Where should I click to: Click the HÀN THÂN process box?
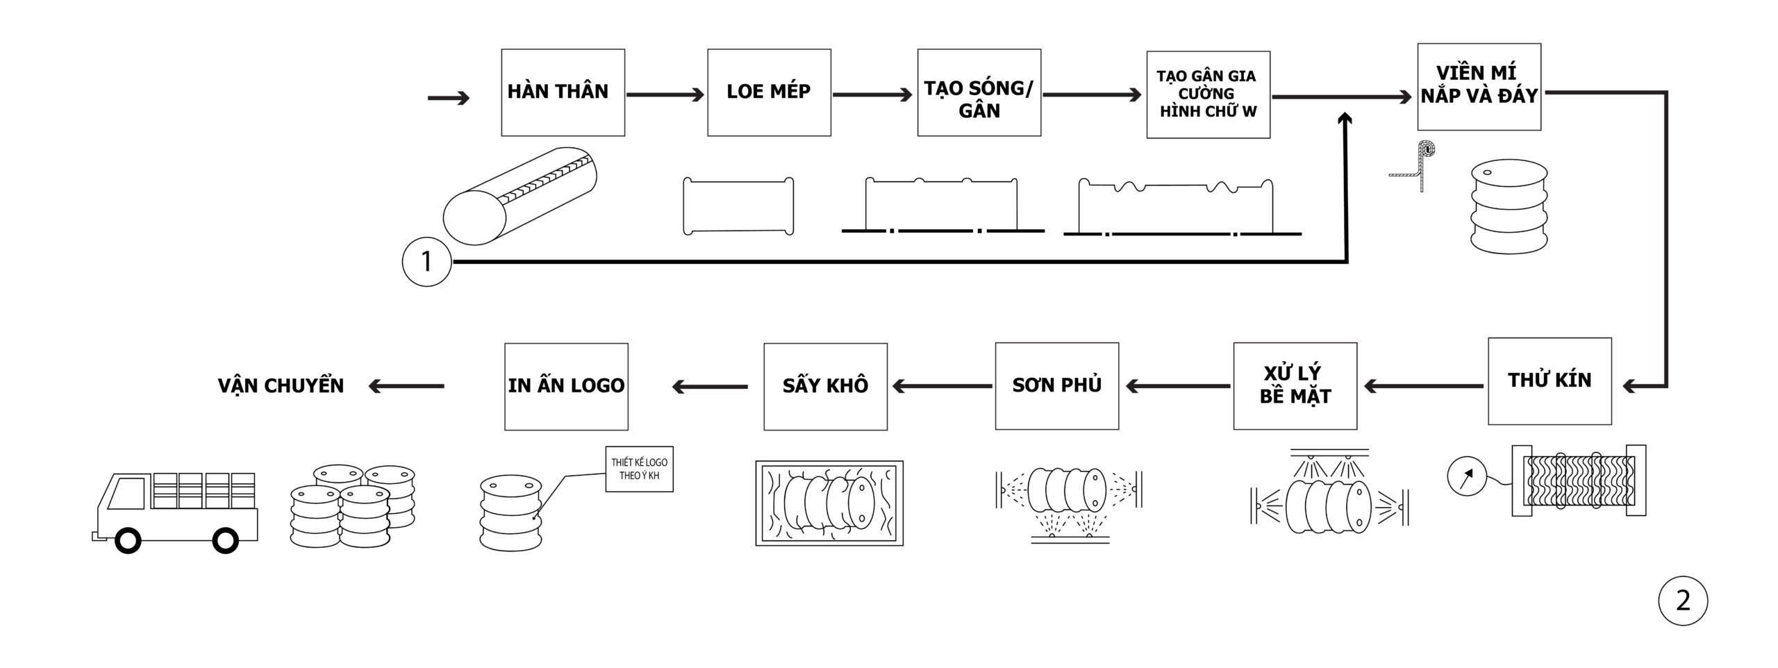(563, 92)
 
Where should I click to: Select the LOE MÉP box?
(769, 92)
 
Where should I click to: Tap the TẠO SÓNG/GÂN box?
(979, 92)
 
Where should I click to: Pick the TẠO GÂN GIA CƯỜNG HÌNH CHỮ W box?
(1208, 94)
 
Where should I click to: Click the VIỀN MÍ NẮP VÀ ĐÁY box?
(1479, 87)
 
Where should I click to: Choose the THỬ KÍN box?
(1549, 381)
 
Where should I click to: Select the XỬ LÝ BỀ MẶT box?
(1295, 385)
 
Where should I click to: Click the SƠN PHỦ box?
(1056, 385)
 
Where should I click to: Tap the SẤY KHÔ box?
(825, 386)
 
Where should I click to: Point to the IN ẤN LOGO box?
(566, 386)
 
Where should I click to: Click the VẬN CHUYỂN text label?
(281, 386)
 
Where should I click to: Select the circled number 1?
(426, 262)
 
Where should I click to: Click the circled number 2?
(1682, 601)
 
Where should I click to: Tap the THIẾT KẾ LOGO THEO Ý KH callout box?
(639, 469)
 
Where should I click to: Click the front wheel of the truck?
(128, 540)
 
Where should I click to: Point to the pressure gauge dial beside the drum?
(1466, 476)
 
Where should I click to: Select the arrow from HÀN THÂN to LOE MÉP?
(665, 95)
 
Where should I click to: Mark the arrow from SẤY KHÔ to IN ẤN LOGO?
(710, 386)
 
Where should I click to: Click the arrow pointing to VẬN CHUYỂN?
(406, 386)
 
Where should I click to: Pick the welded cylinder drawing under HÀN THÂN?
(520, 196)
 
